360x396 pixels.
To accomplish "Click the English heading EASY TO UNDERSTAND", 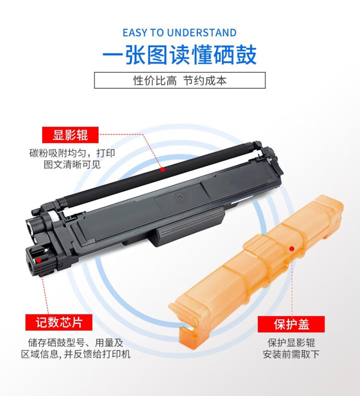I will tap(180, 33).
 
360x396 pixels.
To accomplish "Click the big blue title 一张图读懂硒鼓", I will tap(180, 55).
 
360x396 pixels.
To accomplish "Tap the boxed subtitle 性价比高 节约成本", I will tap(180, 81).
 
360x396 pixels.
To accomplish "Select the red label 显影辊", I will tap(70, 135).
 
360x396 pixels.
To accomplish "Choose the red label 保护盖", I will tap(291, 324).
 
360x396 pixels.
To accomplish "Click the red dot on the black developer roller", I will tap(163, 169).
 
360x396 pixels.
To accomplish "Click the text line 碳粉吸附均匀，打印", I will tap(72, 153).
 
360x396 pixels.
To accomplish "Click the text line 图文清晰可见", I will tap(72, 165).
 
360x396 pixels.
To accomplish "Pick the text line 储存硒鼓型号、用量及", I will tap(75, 343).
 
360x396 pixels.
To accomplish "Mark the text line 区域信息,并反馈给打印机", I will tap(75, 354).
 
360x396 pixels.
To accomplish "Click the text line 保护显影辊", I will tap(291, 343).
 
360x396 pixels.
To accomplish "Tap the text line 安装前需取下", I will tap(291, 354).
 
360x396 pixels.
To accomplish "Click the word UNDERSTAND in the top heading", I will tap(203, 33).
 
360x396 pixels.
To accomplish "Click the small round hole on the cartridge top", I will tap(180, 197).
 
